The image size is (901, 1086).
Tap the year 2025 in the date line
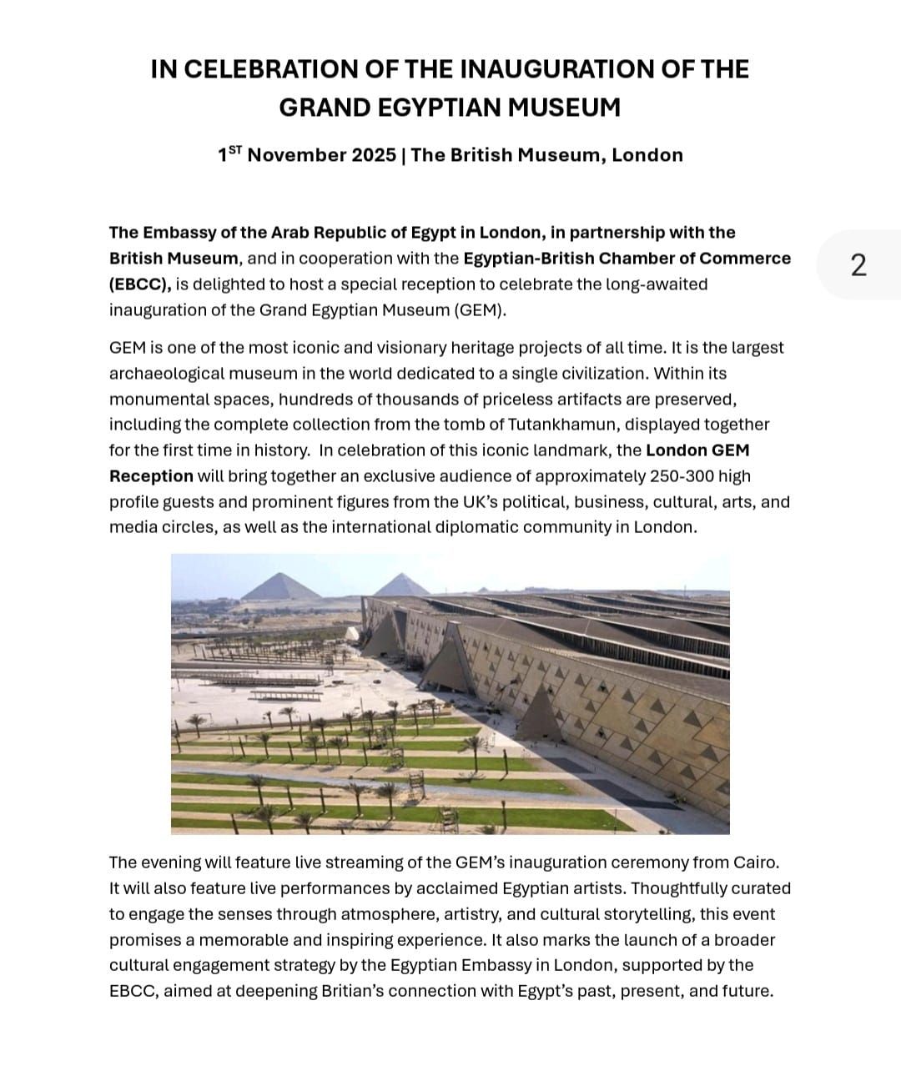click(374, 155)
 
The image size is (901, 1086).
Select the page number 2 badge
click(858, 264)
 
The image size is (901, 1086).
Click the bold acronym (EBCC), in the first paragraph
click(140, 284)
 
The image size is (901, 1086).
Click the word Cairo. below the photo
click(757, 862)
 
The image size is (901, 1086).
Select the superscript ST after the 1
click(234, 150)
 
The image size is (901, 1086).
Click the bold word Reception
click(151, 476)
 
